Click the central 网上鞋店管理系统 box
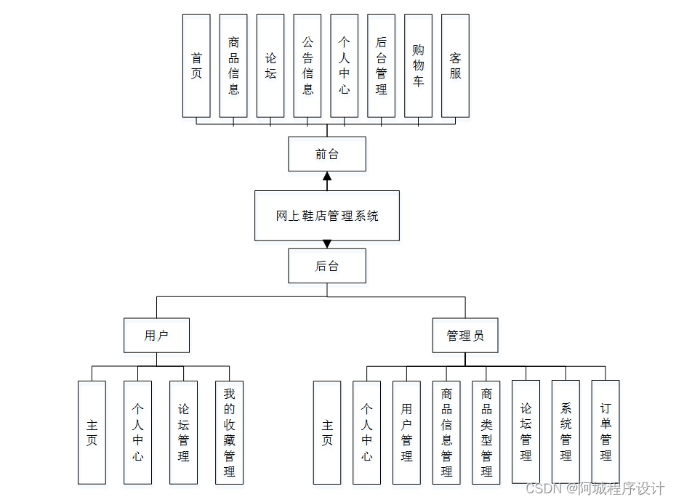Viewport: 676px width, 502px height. click(326, 216)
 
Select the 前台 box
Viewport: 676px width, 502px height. click(326, 154)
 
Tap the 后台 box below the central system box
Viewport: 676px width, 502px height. click(326, 266)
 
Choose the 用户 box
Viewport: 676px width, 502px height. click(156, 336)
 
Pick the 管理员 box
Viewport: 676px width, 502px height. click(465, 336)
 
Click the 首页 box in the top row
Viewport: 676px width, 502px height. click(196, 65)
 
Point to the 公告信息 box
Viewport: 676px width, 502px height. click(307, 65)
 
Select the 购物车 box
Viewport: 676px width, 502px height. click(418, 65)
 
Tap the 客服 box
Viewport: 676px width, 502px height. click(455, 65)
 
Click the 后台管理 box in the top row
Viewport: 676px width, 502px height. click(381, 65)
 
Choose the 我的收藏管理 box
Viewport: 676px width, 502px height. click(229, 432)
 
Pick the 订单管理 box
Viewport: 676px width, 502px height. click(605, 432)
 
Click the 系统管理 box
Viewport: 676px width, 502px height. click(566, 432)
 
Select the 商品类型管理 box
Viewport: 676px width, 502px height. click(486, 432)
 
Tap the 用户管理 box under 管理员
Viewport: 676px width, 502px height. click(406, 432)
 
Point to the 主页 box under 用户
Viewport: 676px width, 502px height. click(92, 432)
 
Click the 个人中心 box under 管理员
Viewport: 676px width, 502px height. click(366, 432)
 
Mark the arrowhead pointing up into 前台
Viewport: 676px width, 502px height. click(327, 176)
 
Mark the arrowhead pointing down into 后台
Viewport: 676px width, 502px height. click(327, 244)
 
